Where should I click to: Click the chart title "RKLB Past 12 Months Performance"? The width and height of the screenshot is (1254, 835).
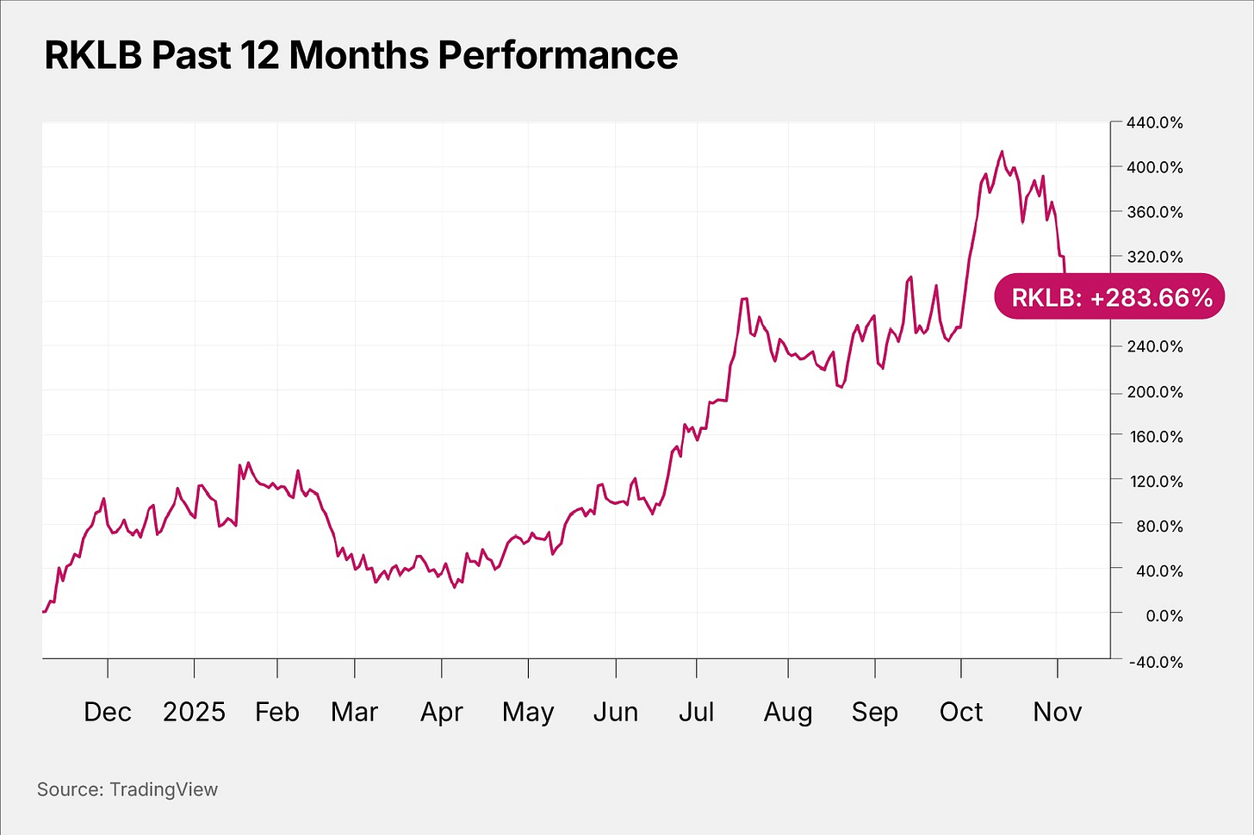click(x=361, y=56)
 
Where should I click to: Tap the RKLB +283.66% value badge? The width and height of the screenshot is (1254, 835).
click(x=1109, y=297)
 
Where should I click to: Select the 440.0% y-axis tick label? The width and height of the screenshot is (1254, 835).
click(x=1154, y=122)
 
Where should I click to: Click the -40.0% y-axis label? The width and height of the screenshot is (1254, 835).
click(x=1154, y=662)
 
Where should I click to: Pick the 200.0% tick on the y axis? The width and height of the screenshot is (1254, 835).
click(x=1154, y=391)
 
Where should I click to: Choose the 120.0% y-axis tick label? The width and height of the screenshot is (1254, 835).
click(x=1154, y=481)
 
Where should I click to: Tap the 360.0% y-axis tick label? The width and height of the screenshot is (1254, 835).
click(x=1154, y=212)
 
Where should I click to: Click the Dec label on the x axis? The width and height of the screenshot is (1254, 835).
click(x=108, y=712)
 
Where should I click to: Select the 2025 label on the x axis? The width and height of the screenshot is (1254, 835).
click(x=194, y=712)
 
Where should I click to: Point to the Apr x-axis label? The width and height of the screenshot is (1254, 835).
click(x=442, y=712)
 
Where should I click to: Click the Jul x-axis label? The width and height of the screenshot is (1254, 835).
click(x=696, y=712)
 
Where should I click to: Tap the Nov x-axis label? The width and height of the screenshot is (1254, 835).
click(x=1057, y=712)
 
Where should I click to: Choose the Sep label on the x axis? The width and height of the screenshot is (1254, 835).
click(x=874, y=712)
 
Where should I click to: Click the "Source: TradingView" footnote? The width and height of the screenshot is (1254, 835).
click(x=127, y=789)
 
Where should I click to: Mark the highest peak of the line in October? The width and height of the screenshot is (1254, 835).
click(x=1002, y=152)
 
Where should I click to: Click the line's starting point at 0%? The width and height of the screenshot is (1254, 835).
click(x=44, y=611)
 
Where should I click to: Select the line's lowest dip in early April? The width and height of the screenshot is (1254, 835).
click(x=454, y=588)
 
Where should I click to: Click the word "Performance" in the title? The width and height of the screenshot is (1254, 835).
click(x=558, y=56)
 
